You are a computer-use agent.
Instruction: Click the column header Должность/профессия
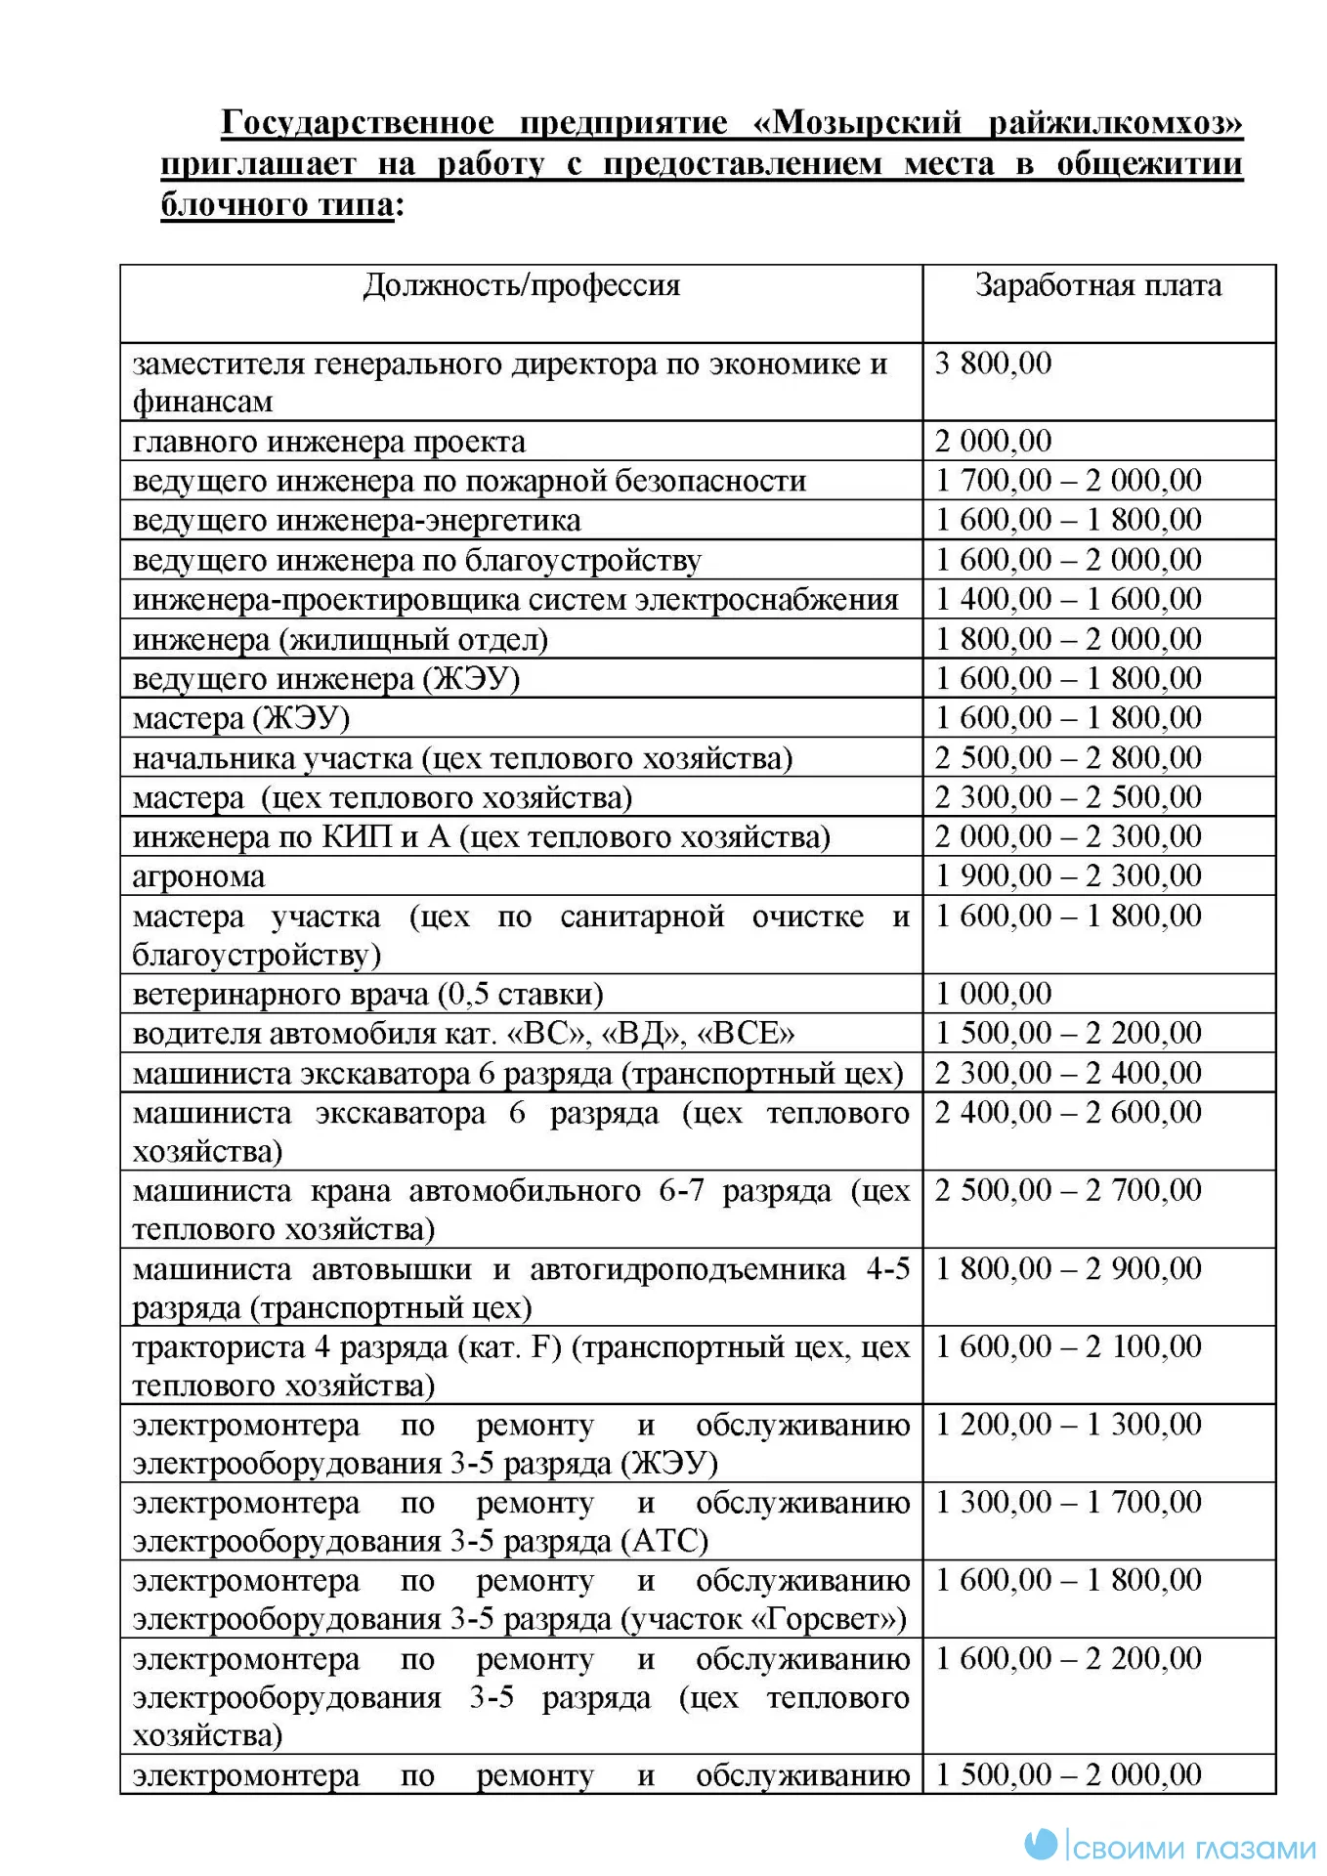point(521,285)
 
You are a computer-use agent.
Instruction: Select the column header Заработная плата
point(1097,285)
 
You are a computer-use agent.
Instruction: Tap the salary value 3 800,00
point(992,363)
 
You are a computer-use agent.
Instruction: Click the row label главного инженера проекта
point(328,442)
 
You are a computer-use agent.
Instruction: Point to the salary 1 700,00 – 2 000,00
point(1068,481)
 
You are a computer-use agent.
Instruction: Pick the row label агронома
point(198,876)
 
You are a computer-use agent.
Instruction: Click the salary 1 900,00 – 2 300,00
point(1068,875)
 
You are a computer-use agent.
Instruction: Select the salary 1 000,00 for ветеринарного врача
point(992,994)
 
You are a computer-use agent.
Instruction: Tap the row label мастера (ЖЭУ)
point(240,718)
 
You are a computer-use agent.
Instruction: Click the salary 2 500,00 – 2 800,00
point(1068,757)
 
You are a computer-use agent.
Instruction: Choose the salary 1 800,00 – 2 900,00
point(1068,1268)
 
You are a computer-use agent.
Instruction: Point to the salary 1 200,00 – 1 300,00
point(1068,1425)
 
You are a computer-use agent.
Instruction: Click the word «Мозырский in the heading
point(857,123)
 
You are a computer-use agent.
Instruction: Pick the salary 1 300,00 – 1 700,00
point(1068,1502)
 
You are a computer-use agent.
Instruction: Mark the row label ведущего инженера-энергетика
point(356,521)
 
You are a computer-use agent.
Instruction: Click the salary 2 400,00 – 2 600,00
point(1068,1112)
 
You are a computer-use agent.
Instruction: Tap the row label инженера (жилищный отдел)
point(340,640)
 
